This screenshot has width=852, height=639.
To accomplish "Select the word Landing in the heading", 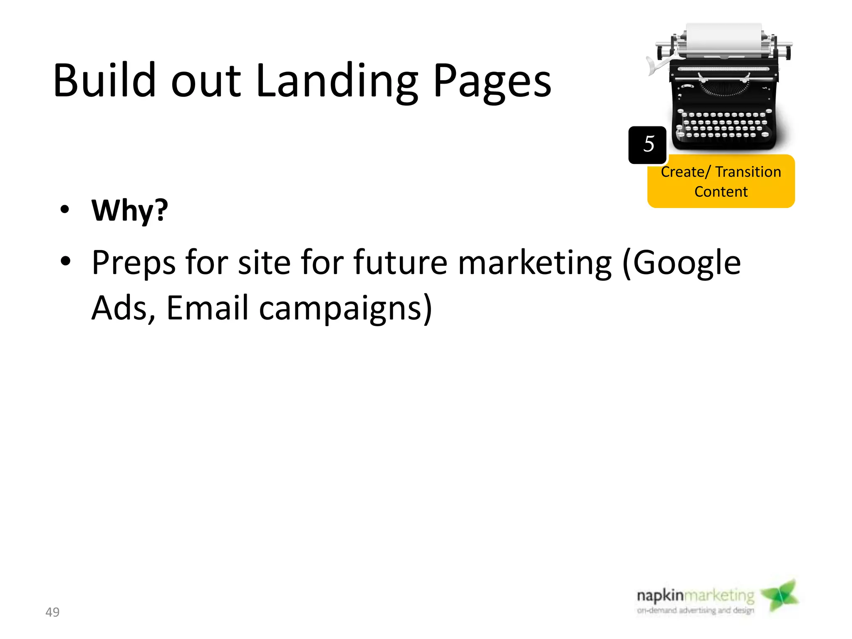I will tap(337, 82).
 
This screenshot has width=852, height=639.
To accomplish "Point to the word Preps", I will tap(134, 263).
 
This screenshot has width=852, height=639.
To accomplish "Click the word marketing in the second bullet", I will tap(535, 263).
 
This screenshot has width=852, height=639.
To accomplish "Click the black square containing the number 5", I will tap(647, 145).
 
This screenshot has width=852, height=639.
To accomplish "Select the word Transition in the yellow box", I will tap(748, 172).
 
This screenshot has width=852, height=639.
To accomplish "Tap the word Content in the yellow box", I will tap(721, 192).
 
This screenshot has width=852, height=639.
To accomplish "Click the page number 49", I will tap(52, 612).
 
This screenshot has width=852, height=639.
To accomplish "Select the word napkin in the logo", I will tap(660, 596).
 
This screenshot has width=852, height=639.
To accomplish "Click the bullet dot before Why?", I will tap(64, 209).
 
